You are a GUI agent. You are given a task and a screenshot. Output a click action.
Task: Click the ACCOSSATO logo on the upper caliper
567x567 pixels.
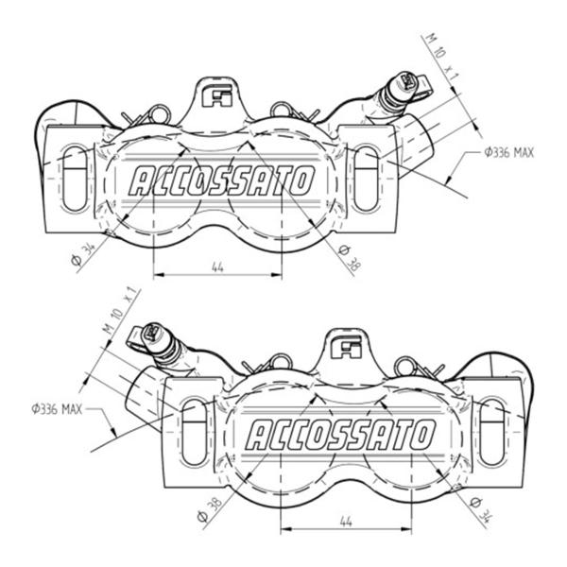[222, 180]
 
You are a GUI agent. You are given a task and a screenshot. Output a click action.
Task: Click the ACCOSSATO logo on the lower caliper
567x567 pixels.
[340, 435]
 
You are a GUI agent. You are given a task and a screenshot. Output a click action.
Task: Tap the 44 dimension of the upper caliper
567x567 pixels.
[217, 267]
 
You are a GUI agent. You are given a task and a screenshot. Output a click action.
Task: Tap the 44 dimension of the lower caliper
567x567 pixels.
[346, 522]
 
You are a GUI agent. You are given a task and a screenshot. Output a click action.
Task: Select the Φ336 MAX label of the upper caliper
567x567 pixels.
[509, 152]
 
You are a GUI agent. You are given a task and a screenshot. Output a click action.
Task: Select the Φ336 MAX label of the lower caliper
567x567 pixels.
[57, 409]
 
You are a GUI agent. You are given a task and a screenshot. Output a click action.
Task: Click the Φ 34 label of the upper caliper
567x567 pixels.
[83, 254]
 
